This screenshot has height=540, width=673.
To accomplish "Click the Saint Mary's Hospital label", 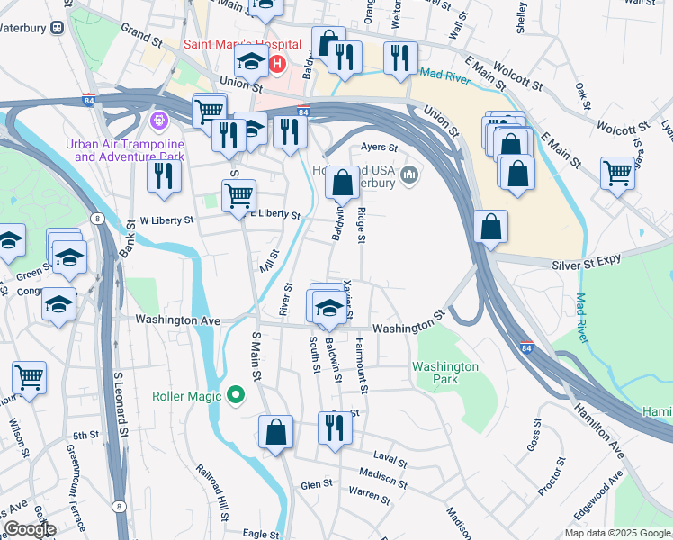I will (241, 44).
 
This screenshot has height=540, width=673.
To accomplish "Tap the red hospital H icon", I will (278, 65).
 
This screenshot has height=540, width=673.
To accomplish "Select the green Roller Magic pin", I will (236, 395).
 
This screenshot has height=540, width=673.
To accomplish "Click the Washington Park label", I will (445, 373).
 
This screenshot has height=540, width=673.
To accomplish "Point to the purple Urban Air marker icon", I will (160, 118).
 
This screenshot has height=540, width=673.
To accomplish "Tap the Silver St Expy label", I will (588, 261).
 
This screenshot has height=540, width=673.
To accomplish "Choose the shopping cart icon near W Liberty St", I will (238, 195).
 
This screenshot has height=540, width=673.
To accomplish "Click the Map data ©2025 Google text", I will (617, 533).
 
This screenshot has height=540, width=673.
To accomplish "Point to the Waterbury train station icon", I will (58, 27).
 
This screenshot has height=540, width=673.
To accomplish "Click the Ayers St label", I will (379, 147).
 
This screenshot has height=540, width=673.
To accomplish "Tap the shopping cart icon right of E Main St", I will (617, 173).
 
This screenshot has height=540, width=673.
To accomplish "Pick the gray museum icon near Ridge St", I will (410, 174).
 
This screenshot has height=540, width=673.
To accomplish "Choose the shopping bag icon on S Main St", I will (276, 432).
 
